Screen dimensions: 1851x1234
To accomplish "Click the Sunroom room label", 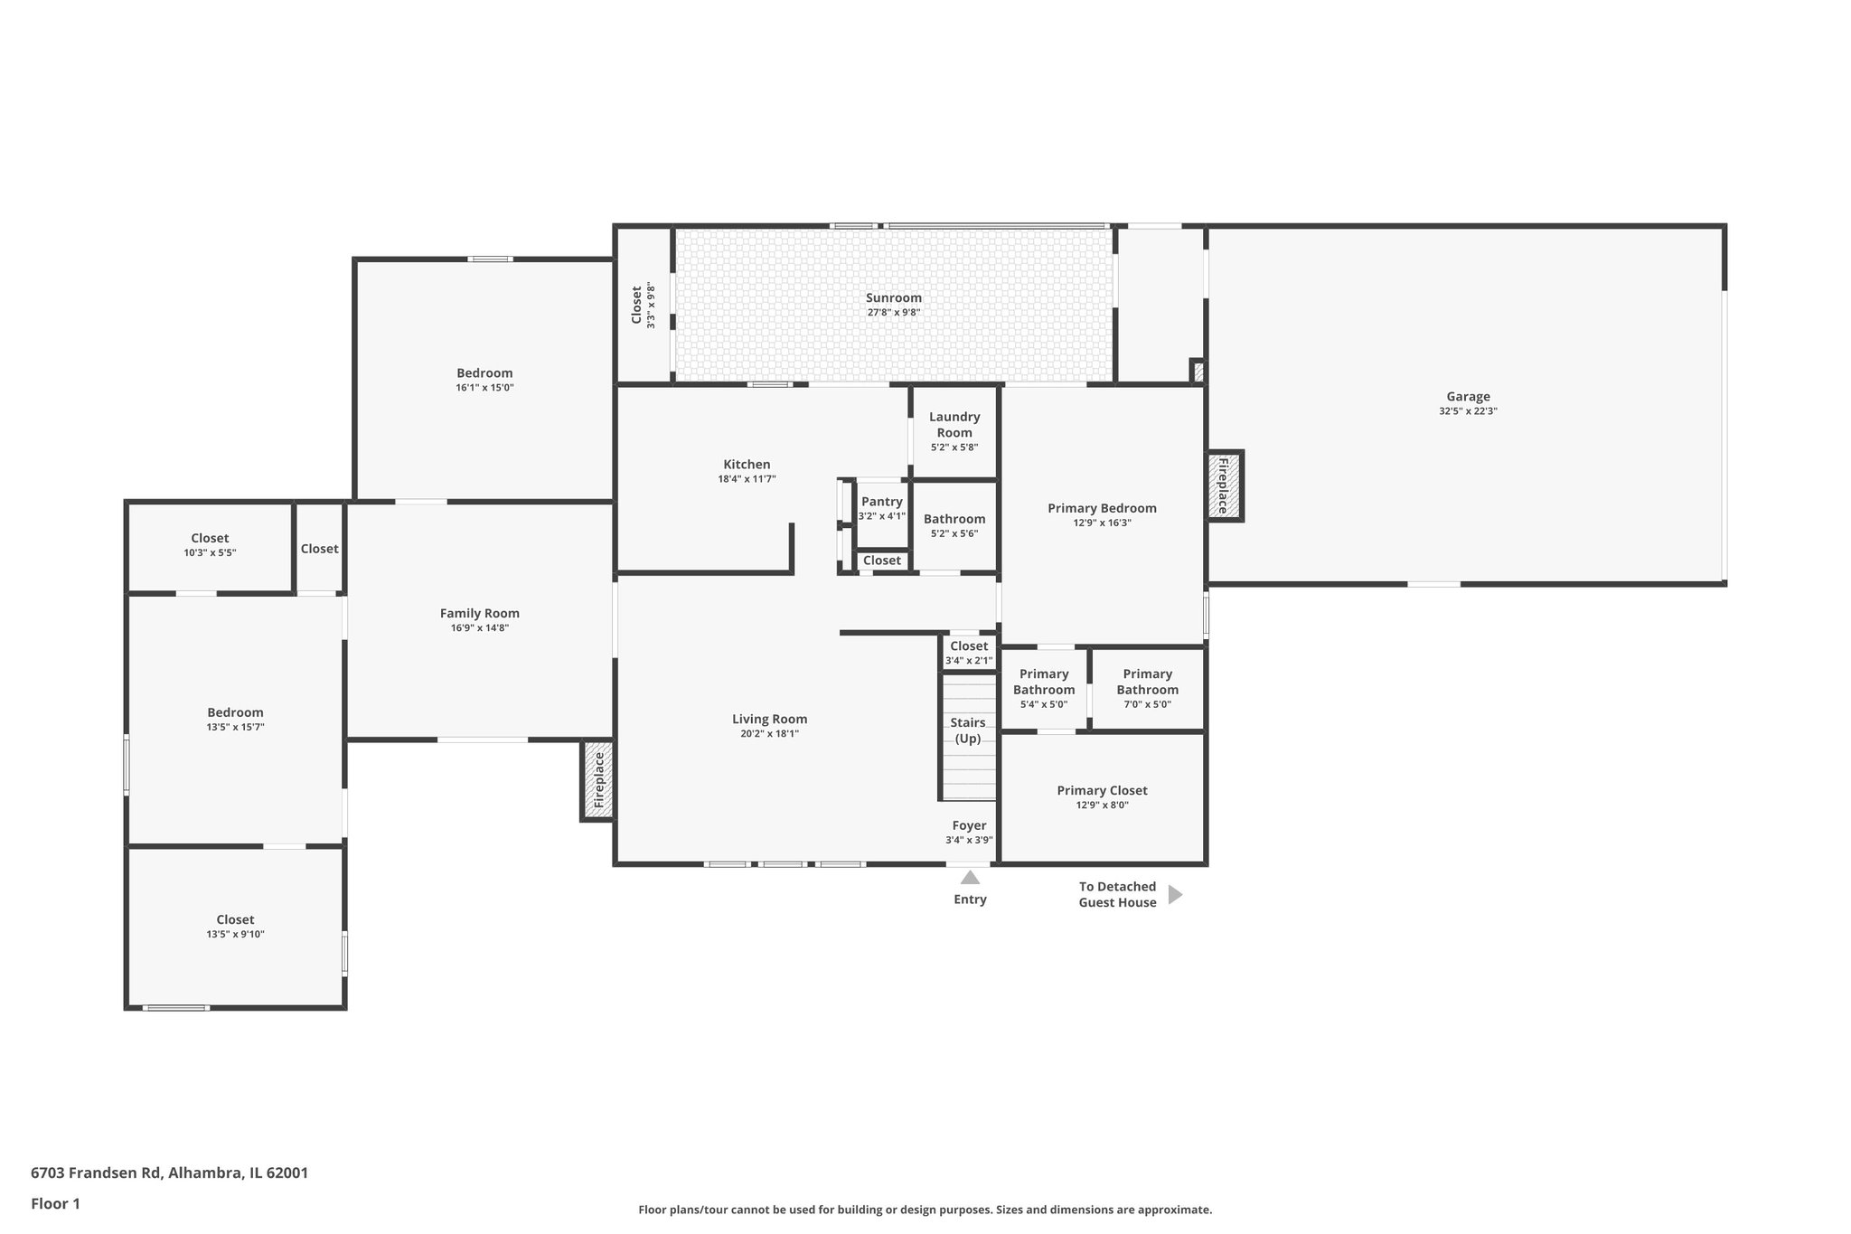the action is (893, 297).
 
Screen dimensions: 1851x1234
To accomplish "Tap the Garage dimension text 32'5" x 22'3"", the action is (1468, 411).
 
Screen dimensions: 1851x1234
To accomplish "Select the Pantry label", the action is (881, 502).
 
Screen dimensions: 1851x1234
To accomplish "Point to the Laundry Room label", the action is (954, 424).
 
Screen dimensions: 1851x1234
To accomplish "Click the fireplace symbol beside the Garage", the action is (1224, 485).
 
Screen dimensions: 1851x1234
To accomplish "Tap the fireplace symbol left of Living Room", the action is (597, 780).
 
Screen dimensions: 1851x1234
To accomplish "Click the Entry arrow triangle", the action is (970, 877).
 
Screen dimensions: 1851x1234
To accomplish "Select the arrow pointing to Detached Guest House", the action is (1175, 894).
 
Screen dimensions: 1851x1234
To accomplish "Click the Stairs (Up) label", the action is (968, 730).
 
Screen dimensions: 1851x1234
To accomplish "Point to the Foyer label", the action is (969, 825).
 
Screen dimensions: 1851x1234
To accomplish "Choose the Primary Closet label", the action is (1102, 790).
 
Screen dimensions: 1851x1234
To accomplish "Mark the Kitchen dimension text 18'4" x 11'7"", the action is (747, 479).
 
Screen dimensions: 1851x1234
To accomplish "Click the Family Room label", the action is (480, 613).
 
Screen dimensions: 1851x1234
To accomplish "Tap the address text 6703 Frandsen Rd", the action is (96, 1173).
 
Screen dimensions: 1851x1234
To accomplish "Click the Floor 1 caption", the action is (55, 1203).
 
